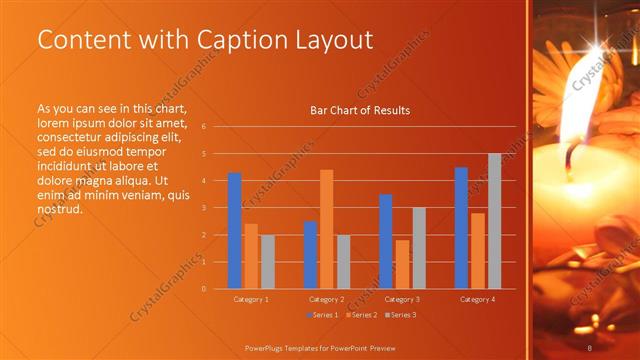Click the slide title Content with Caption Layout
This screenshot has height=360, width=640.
click(x=205, y=40)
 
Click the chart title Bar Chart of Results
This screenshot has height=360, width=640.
click(x=360, y=110)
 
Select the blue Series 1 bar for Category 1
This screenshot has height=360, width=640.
click(x=234, y=231)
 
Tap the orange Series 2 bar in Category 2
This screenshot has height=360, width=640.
click(x=326, y=229)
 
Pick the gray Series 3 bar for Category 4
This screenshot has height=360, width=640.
click(x=494, y=221)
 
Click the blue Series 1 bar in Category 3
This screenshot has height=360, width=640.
click(x=385, y=241)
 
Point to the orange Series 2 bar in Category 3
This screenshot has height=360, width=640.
click(x=402, y=264)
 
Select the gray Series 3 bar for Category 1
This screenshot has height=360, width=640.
click(x=267, y=262)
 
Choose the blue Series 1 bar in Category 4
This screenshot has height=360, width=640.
click(x=461, y=228)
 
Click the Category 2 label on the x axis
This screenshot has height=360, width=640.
click(x=326, y=299)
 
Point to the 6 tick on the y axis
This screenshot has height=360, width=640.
click(x=203, y=127)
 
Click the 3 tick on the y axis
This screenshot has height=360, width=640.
click(x=203, y=208)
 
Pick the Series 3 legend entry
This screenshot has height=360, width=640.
click(x=400, y=315)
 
